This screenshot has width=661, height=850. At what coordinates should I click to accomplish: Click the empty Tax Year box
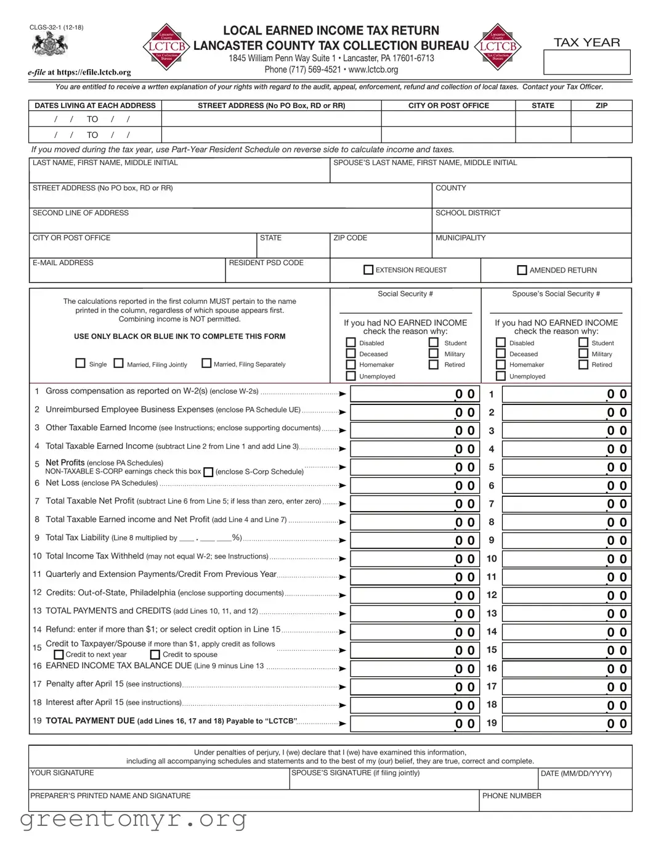coord(586,62)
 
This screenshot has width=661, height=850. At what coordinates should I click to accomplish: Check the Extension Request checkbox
coord(368,270)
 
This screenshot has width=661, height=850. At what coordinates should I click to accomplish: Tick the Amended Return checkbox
coord(522,270)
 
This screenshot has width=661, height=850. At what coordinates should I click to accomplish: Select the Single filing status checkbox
coord(80,363)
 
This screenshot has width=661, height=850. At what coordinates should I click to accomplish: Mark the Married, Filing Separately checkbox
coord(206,363)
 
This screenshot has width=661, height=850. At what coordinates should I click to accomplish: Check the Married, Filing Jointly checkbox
coord(119,363)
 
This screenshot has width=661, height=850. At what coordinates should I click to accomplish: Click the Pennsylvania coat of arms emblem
coord(50,45)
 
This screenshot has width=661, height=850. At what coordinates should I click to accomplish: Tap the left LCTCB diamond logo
coord(166,46)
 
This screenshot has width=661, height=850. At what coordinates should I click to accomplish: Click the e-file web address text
coord(79,72)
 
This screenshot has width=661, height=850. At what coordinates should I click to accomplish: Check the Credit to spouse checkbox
coord(155,655)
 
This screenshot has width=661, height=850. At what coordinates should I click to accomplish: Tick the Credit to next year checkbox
coord(59,655)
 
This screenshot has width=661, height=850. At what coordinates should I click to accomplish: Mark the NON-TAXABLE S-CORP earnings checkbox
coord(208,472)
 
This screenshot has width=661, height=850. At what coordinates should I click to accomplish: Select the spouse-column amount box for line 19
coord(566,724)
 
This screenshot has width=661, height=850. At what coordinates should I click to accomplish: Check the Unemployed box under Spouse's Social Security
coord(501,376)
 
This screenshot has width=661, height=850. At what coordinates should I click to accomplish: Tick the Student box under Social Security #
coord(434,343)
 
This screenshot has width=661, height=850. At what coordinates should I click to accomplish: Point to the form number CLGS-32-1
coord(56,27)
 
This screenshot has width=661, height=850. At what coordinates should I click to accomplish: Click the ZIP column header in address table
coord(601,105)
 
